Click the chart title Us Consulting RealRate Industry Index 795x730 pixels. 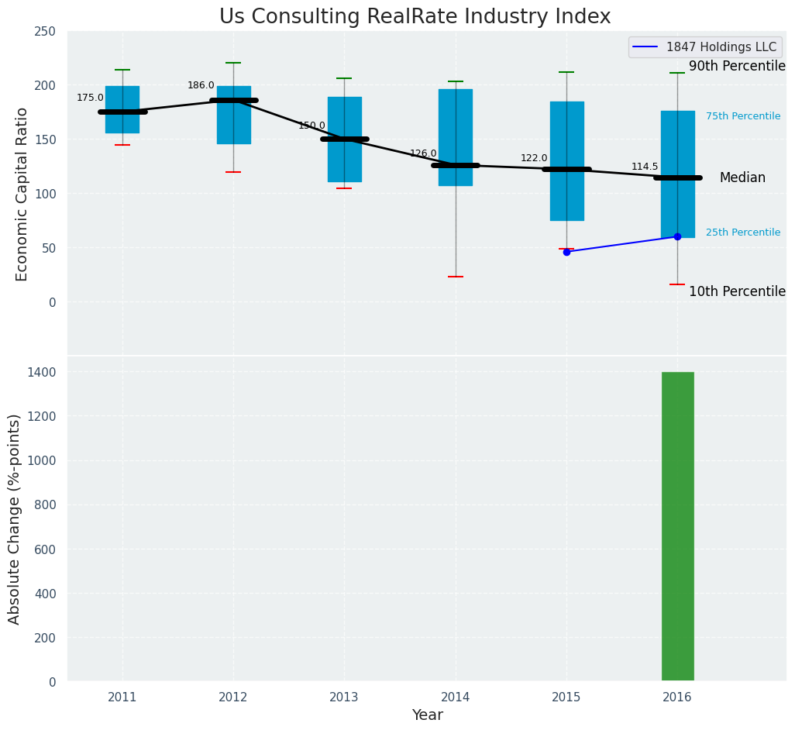tap(415, 17)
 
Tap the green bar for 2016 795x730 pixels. tap(677, 527)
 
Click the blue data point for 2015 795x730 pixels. tap(566, 252)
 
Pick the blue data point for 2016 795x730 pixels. tap(677, 236)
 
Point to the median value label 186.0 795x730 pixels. tap(201, 85)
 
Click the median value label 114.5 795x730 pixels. tap(645, 167)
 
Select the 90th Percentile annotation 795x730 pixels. tap(737, 67)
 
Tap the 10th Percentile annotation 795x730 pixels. tap(737, 291)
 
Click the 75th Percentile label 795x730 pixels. tap(742, 116)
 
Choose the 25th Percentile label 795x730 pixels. tap(742, 232)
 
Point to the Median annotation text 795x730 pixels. tap(742, 178)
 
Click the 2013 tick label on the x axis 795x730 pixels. tap(344, 697)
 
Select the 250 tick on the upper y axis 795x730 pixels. tap(45, 31)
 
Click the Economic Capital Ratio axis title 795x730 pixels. tap(22, 194)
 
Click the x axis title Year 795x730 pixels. tap(427, 715)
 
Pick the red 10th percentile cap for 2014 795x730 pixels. tap(456, 277)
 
